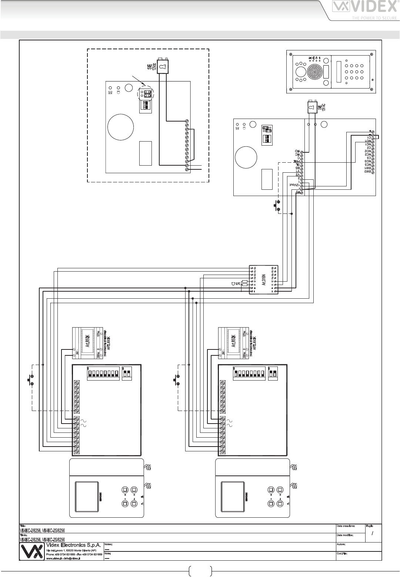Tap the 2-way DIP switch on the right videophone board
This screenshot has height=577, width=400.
[x=273, y=374]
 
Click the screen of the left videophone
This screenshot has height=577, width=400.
[x=87, y=493]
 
